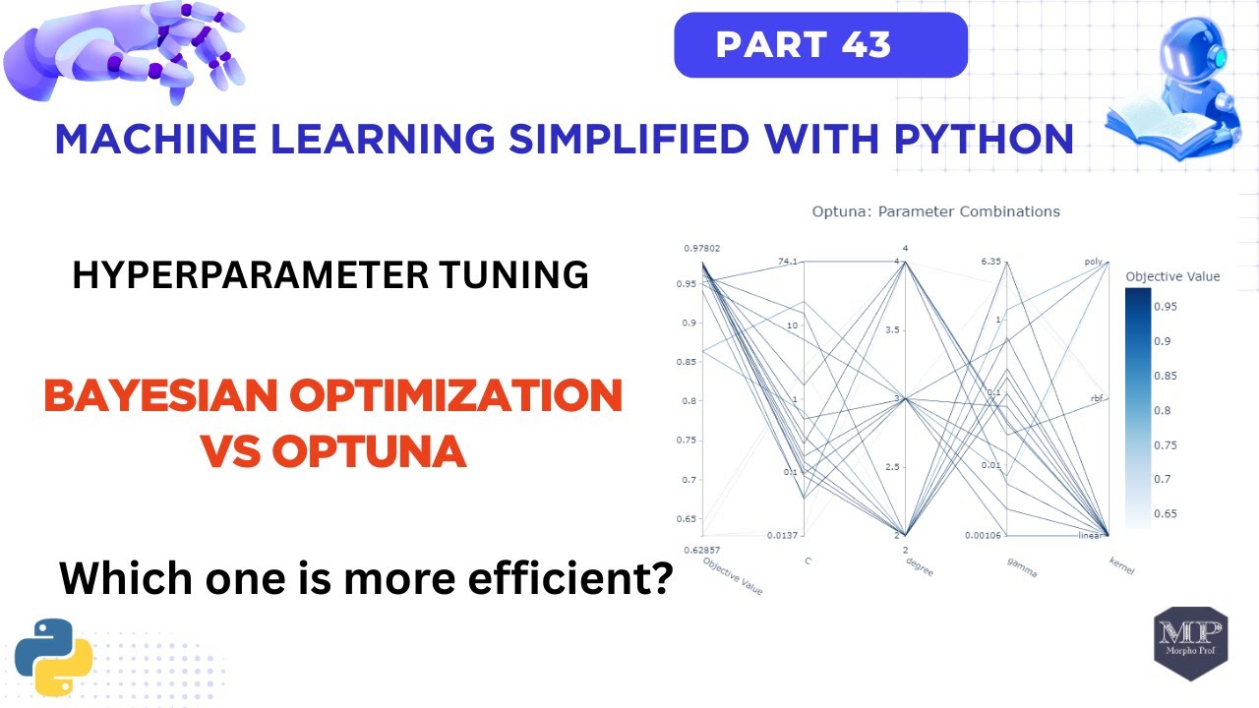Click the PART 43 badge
point(819,45)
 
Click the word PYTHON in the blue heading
point(983,139)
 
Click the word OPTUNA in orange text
point(368,451)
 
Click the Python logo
point(54,657)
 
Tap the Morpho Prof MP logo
point(1190,642)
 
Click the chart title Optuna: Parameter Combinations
point(935,211)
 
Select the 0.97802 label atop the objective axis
point(701,249)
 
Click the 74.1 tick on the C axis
point(789,262)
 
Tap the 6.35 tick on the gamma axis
point(990,262)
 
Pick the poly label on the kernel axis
point(1093,262)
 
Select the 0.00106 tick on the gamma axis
point(983,535)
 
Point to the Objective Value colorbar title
point(1172,276)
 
